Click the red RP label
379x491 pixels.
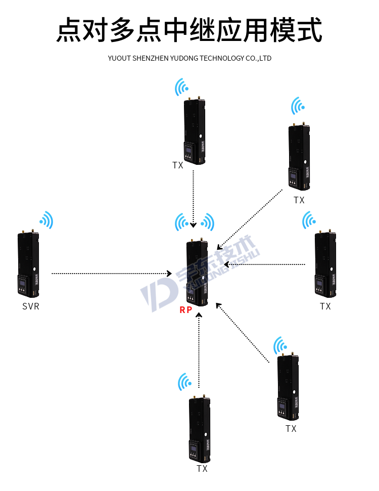coord(186,310)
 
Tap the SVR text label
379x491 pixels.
coord(31,306)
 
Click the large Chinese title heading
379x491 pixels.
coord(189,30)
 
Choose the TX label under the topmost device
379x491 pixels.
coord(177,165)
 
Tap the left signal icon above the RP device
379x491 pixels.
coord(182,222)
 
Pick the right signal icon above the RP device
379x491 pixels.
coord(207,222)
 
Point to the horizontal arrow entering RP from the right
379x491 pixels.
coord(265,264)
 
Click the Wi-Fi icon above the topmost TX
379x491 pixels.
coord(181,87)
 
